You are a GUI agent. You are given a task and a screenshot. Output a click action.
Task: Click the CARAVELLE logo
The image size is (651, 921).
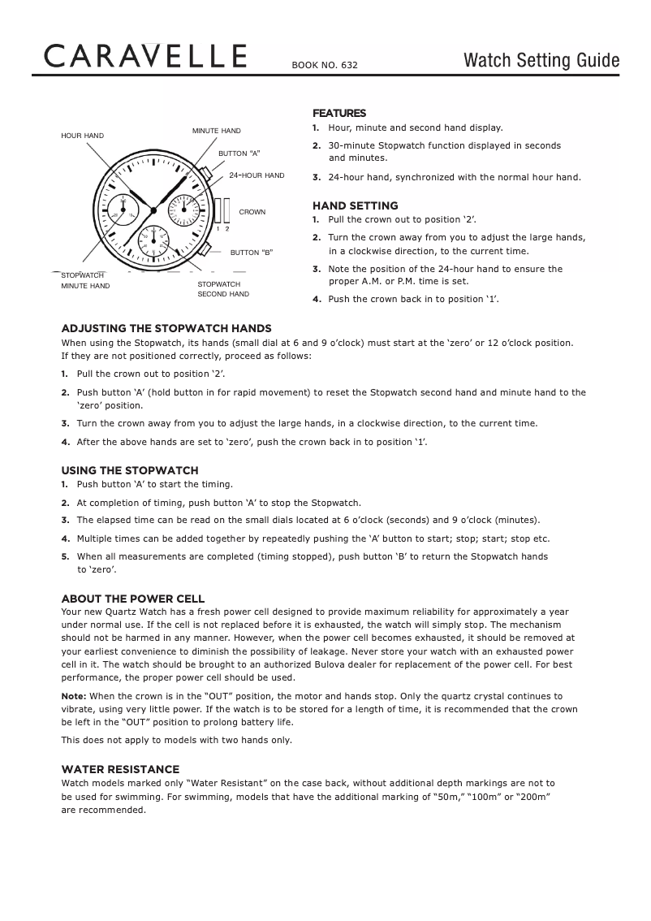[x=146, y=57]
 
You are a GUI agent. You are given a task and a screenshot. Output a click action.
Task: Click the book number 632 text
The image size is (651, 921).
[x=325, y=65]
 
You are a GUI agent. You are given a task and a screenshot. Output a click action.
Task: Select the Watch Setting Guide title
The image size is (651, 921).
[x=541, y=61]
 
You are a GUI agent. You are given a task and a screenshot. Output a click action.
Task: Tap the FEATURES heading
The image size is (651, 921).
[x=339, y=113]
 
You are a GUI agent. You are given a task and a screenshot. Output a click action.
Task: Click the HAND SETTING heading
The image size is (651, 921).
[x=355, y=205]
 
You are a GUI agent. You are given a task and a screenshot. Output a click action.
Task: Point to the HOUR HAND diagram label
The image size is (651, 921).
[x=83, y=135]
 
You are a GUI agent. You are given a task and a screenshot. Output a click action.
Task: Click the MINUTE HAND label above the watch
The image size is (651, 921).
[x=216, y=131]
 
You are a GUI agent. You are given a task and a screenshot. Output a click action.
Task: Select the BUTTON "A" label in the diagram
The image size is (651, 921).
[x=239, y=153]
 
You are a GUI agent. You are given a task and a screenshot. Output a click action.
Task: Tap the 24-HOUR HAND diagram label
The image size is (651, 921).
[x=257, y=175]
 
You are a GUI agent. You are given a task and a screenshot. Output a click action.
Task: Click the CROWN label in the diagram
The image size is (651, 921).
[x=252, y=212]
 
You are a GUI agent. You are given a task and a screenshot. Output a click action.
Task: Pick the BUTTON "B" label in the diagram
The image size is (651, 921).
[x=252, y=253]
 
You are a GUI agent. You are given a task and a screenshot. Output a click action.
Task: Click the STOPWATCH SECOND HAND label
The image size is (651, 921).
[x=223, y=289]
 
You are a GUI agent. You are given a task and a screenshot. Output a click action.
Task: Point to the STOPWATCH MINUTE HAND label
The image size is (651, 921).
[x=85, y=281]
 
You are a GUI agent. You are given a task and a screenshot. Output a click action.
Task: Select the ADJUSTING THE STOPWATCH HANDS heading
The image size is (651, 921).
[x=166, y=328]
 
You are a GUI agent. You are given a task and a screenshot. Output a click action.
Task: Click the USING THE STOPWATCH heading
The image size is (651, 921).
[x=130, y=470]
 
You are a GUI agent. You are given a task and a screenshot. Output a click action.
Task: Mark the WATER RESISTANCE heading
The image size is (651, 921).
[x=120, y=769]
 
